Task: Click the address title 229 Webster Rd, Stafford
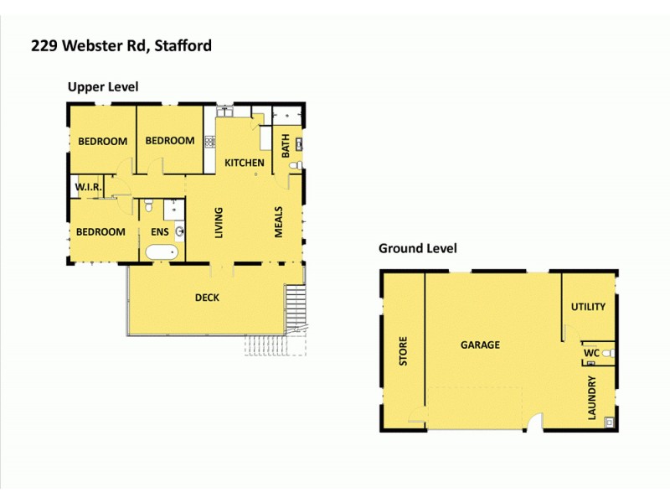click(x=121, y=45)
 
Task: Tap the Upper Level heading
click(x=103, y=86)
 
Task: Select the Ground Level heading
click(x=417, y=248)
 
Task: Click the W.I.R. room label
click(x=88, y=188)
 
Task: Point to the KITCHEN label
click(x=245, y=163)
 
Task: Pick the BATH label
click(x=286, y=147)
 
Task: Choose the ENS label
click(x=160, y=232)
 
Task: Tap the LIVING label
click(x=219, y=222)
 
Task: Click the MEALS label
click(x=279, y=222)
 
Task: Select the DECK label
click(x=208, y=297)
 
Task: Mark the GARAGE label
click(x=480, y=345)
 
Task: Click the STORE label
click(x=403, y=351)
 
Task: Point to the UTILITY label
click(x=588, y=307)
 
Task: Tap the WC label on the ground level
click(x=590, y=354)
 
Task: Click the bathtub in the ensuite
click(x=161, y=252)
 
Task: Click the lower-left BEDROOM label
click(x=100, y=232)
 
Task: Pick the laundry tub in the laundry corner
click(x=609, y=421)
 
